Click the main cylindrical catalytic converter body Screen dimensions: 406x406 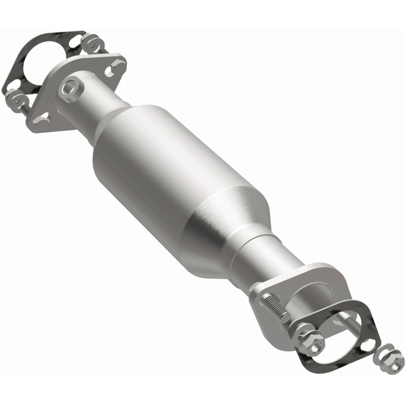tap(167, 173)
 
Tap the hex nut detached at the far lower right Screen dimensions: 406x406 tap(391, 361)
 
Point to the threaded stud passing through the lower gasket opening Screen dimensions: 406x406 tap(350, 324)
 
